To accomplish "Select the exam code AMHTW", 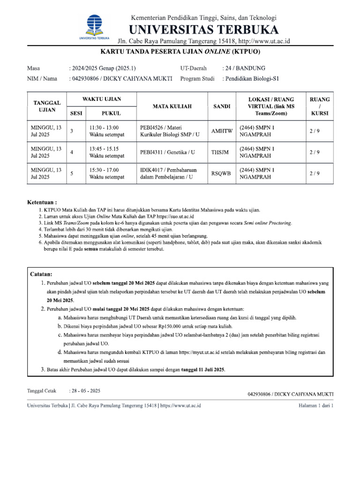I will click(221, 132).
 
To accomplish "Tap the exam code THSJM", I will click(221, 152).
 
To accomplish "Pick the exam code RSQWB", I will click(221, 173).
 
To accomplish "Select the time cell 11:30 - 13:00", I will click(104, 127).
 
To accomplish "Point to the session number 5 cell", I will click(72, 173).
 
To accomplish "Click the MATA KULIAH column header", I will click(172, 106).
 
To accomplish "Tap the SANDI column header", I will click(221, 106).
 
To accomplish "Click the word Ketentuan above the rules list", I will click(42, 202).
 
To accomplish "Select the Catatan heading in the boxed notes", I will click(41, 274).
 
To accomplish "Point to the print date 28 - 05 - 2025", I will click(85, 390).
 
